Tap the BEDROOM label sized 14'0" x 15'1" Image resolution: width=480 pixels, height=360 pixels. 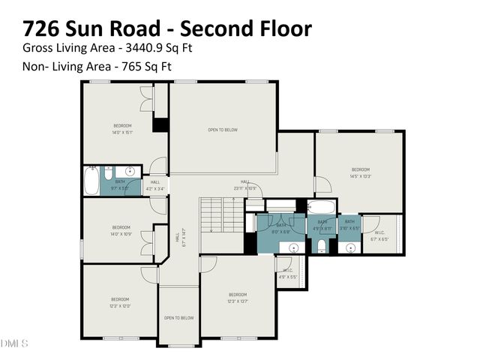coord(122,128)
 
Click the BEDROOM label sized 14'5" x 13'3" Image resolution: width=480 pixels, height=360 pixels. coord(361,172)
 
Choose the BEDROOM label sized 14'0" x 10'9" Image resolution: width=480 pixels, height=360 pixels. coord(121,230)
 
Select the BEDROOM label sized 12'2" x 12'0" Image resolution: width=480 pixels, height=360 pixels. coord(121,302)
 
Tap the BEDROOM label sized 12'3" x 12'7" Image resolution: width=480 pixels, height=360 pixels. coord(238,298)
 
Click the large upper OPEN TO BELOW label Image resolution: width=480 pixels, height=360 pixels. coord(223,130)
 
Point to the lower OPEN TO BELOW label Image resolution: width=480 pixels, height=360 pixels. coord(178,318)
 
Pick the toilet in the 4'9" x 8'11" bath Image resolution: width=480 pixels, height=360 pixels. coord(322,247)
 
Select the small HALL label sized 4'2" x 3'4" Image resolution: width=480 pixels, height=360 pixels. coord(155,185)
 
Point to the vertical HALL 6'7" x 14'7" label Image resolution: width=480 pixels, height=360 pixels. coord(178,238)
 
